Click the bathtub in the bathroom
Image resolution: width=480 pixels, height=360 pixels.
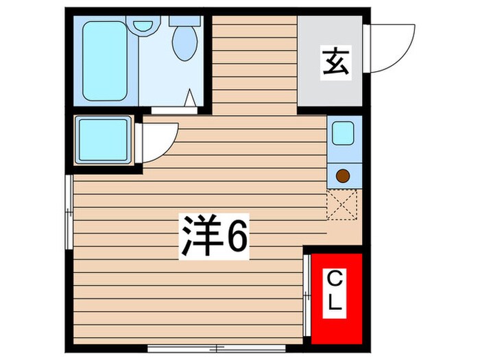[105, 60]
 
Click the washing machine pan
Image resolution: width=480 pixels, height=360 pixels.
[104, 140]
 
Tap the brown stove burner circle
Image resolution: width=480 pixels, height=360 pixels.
[342, 176]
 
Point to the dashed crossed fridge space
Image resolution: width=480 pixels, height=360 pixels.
[342, 206]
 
